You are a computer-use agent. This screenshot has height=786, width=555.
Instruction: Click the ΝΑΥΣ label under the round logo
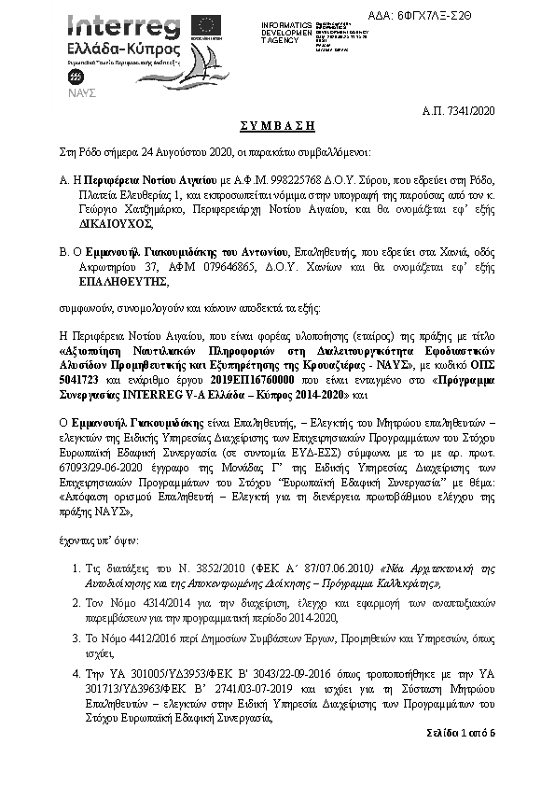[x=76, y=92]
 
